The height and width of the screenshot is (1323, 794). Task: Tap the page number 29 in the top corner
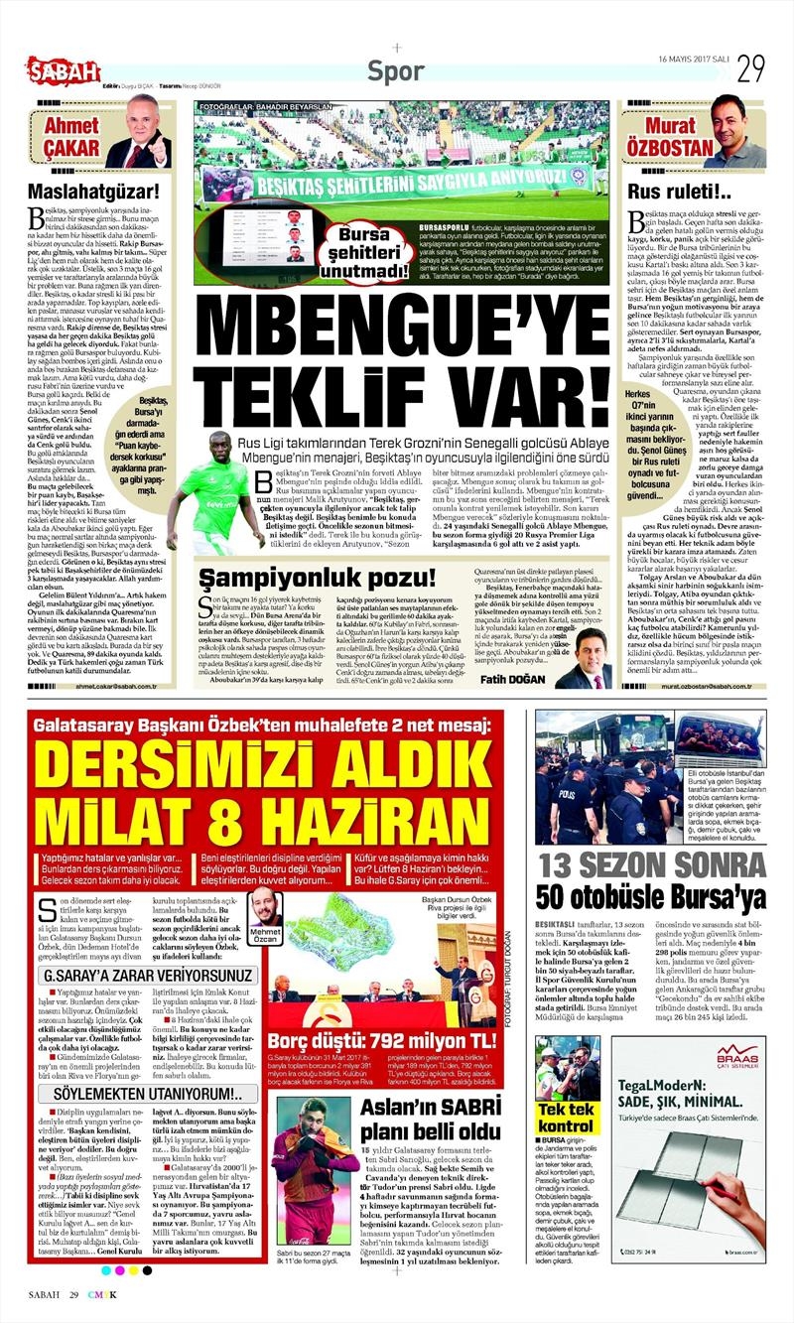pyautogui.click(x=749, y=68)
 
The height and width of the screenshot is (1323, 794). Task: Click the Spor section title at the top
pyautogui.click(x=396, y=70)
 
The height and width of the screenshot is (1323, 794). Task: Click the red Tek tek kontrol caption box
pyautogui.click(x=567, y=1118)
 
